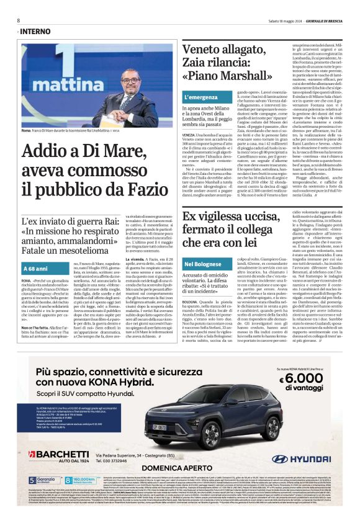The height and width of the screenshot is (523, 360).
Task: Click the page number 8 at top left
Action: (19, 20)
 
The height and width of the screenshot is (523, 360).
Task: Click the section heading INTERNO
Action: (36, 31)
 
